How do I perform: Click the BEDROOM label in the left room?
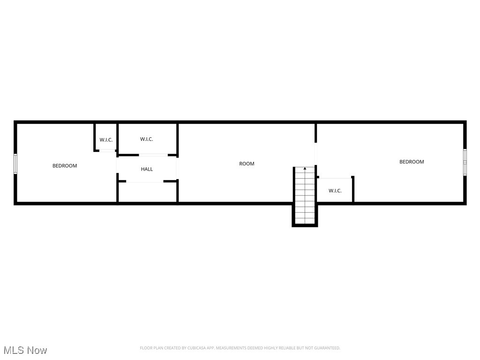(65, 166)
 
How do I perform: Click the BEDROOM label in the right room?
(412, 162)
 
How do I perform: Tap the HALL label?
(147, 169)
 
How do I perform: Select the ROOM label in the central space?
(247, 164)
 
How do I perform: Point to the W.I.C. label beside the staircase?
(335, 191)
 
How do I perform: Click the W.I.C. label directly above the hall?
(147, 139)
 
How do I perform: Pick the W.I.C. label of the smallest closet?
(106, 140)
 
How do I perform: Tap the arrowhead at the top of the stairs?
(305, 168)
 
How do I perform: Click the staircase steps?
(305, 197)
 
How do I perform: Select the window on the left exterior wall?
(15, 164)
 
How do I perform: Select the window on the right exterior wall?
(465, 162)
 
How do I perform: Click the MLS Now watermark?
(25, 350)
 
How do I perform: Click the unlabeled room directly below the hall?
(147, 192)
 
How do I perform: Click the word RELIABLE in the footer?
(288, 348)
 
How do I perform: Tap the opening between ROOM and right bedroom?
(316, 153)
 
